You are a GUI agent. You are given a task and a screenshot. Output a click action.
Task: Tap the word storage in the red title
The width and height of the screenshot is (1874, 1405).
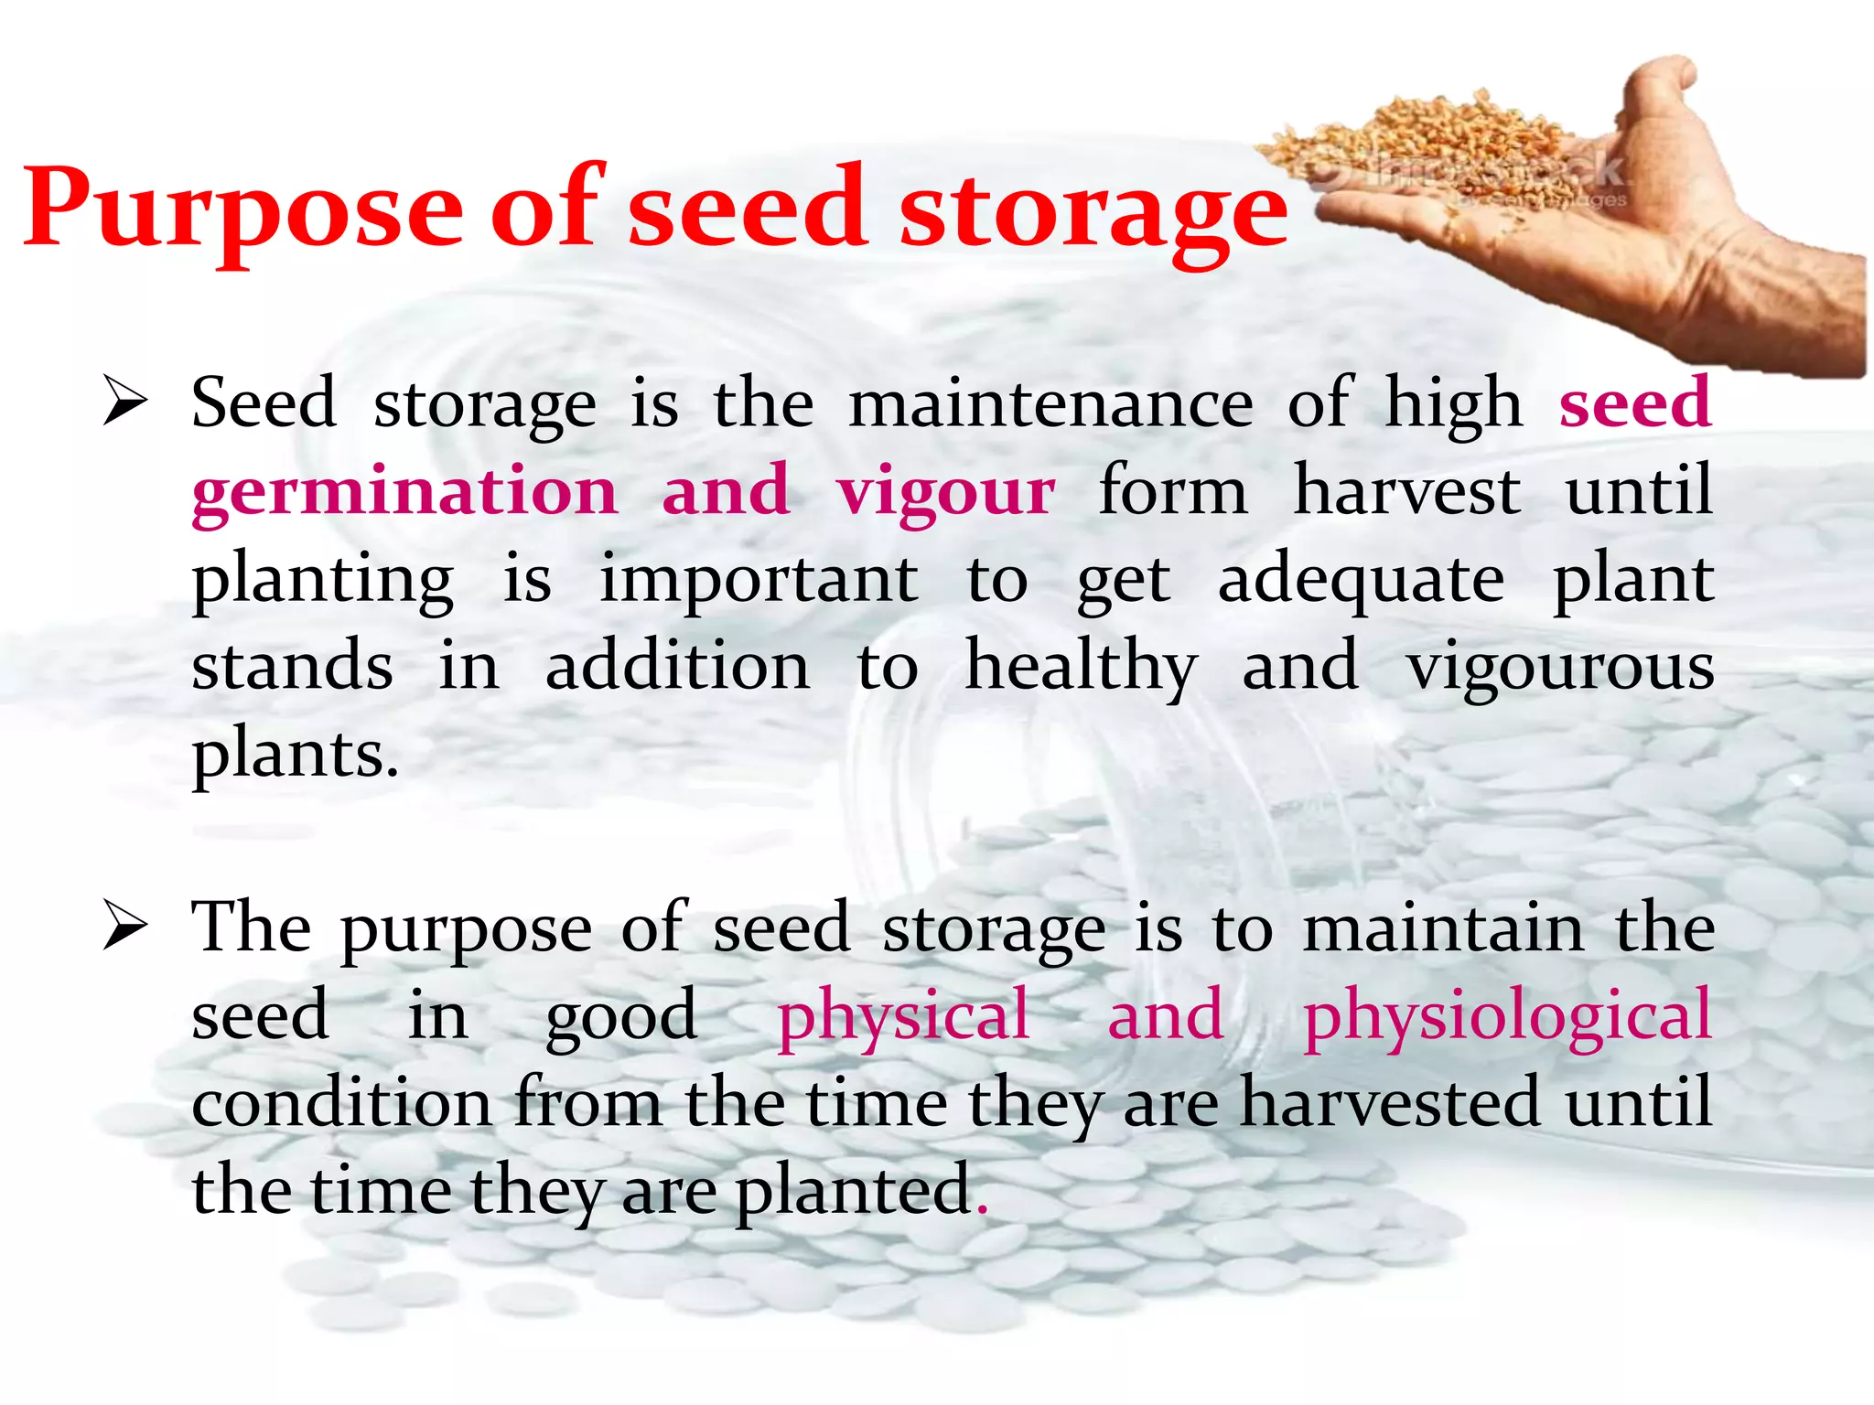1093,210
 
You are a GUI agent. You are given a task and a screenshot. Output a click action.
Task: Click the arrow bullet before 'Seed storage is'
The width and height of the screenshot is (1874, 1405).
124,402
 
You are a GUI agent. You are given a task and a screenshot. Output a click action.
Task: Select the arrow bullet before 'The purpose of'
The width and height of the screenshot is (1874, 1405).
124,926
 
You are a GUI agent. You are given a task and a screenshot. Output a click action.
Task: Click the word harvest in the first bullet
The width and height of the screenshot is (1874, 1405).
1407,490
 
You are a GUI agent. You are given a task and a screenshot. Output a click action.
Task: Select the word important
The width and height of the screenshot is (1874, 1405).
759,579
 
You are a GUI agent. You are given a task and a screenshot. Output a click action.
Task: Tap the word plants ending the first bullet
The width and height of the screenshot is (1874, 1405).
295,756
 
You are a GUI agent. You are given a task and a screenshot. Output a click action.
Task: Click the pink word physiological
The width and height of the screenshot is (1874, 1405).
1507,1016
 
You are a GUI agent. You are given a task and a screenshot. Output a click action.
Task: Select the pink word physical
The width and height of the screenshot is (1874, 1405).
903,1016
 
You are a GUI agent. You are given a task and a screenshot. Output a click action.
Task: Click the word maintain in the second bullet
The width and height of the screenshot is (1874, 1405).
1444,928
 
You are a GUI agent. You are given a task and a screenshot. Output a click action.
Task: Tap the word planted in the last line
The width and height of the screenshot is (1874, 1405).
853,1189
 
